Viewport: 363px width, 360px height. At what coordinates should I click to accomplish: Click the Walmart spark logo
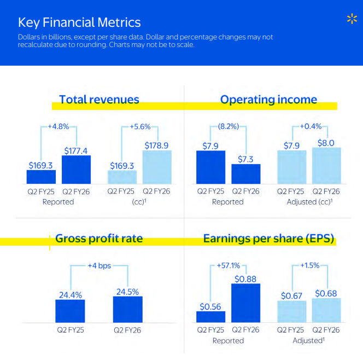tap(352, 19)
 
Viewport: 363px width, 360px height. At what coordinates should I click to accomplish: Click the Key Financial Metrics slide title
tap(79, 22)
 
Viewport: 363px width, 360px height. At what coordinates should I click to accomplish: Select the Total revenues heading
tap(99, 100)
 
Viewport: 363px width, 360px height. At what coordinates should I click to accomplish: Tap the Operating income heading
tap(268, 100)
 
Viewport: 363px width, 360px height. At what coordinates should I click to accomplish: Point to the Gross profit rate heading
tap(99, 239)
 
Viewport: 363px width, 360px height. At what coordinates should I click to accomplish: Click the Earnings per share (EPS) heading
tap(268, 239)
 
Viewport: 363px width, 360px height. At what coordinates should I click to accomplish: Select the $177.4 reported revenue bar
tap(76, 170)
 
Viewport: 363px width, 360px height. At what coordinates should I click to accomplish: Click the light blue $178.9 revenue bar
tap(157, 167)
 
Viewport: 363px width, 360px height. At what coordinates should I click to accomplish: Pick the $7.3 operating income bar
tap(246, 174)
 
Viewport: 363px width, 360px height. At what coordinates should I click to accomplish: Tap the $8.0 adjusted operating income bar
tap(326, 166)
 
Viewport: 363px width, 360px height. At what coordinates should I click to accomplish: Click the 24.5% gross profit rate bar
tap(128, 310)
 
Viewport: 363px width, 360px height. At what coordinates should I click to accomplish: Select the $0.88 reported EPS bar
tap(245, 303)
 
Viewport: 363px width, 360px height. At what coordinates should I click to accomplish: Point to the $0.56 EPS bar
tap(210, 317)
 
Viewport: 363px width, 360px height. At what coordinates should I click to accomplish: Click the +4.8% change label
tap(58, 127)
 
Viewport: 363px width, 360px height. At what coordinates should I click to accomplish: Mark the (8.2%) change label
tap(229, 126)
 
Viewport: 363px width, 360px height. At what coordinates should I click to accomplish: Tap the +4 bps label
tap(99, 266)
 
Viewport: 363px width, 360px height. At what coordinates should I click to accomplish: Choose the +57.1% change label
tap(229, 265)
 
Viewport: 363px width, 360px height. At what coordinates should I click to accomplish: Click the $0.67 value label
tap(291, 296)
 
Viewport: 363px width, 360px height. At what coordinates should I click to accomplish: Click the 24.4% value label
tap(71, 295)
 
